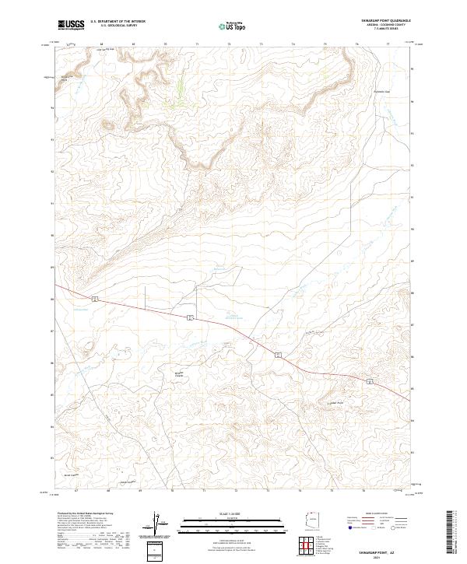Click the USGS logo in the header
[x=71, y=25]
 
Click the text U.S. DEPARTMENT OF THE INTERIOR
[x=118, y=22]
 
